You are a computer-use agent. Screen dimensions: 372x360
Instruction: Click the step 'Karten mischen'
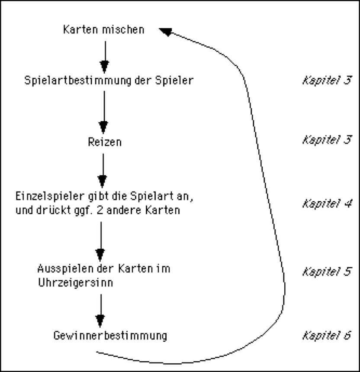click(x=103, y=30)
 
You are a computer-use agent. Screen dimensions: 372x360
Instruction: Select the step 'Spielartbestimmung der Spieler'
click(x=108, y=80)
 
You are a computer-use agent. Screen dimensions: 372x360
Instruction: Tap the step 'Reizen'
click(x=103, y=142)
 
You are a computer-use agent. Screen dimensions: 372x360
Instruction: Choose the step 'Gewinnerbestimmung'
click(x=110, y=336)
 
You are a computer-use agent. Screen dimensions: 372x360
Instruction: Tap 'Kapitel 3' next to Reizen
click(x=326, y=140)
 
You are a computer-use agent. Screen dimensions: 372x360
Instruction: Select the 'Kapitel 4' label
click(x=326, y=203)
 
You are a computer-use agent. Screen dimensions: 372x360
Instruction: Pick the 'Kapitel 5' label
click(x=326, y=272)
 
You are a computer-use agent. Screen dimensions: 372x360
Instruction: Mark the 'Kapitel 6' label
click(x=326, y=335)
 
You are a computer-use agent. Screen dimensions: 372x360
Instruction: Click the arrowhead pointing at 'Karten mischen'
click(x=166, y=31)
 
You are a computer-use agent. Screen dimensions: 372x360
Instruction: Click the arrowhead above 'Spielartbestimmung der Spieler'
click(x=104, y=66)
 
